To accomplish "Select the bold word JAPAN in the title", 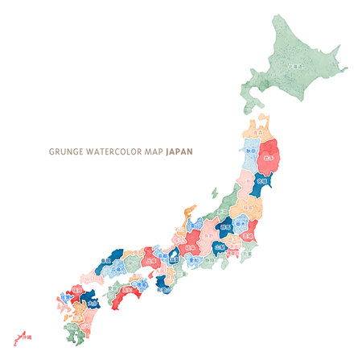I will click(179, 151).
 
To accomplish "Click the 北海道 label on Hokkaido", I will click(295, 66).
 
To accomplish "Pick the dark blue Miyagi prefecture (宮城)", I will click(261, 181).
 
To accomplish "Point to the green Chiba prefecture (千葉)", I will click(246, 254).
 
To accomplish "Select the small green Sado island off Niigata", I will click(214, 193).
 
